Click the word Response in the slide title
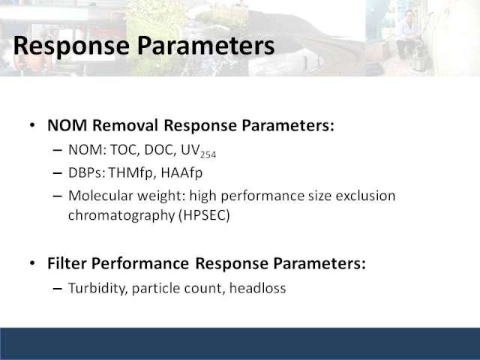coord(72,46)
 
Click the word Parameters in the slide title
coord(205,45)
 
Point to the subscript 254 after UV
coord(208,155)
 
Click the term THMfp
coord(130,173)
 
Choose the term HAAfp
coord(181,173)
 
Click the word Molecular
coord(100,196)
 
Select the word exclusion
coord(365,196)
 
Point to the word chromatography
coord(121,215)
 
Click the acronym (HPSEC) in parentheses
coord(204,215)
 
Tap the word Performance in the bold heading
coord(140,263)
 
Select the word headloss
coord(257,288)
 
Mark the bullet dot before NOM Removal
coord(32,125)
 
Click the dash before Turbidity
coord(58,289)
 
